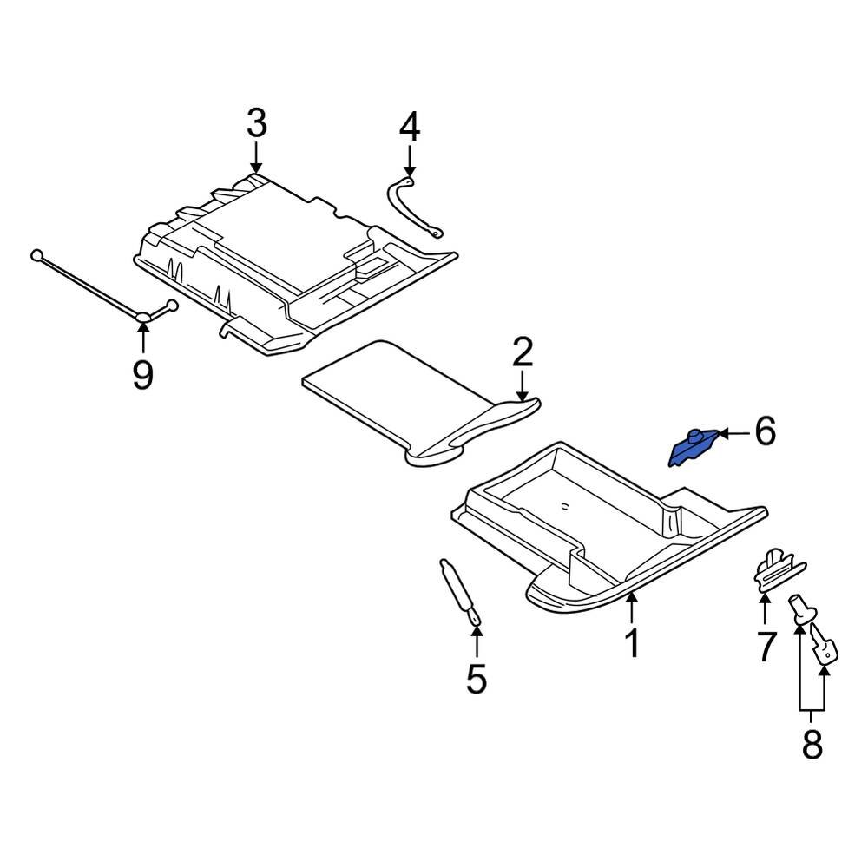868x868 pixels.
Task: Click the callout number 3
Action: (256, 124)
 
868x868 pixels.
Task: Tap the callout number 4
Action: (409, 128)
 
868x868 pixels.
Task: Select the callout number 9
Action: (142, 375)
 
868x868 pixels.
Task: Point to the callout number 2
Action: (522, 352)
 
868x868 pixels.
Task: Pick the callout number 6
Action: (764, 431)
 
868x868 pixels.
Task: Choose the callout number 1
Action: (633, 643)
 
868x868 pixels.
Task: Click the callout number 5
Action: (477, 678)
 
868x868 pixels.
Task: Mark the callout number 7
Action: (765, 648)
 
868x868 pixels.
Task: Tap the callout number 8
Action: (812, 744)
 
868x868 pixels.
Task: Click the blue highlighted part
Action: (693, 446)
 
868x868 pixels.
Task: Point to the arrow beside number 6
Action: (733, 432)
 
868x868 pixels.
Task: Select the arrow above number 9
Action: (142, 335)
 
